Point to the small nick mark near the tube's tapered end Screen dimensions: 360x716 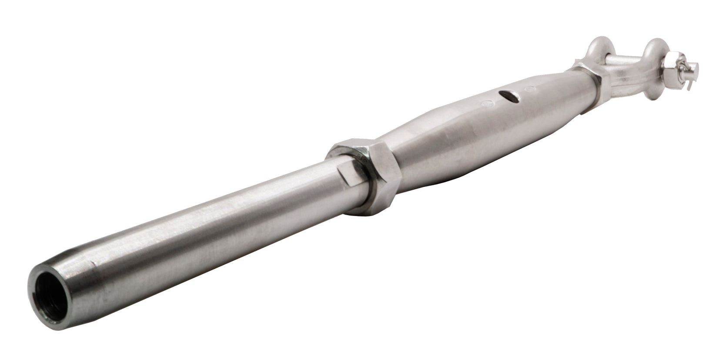click(93, 263)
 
